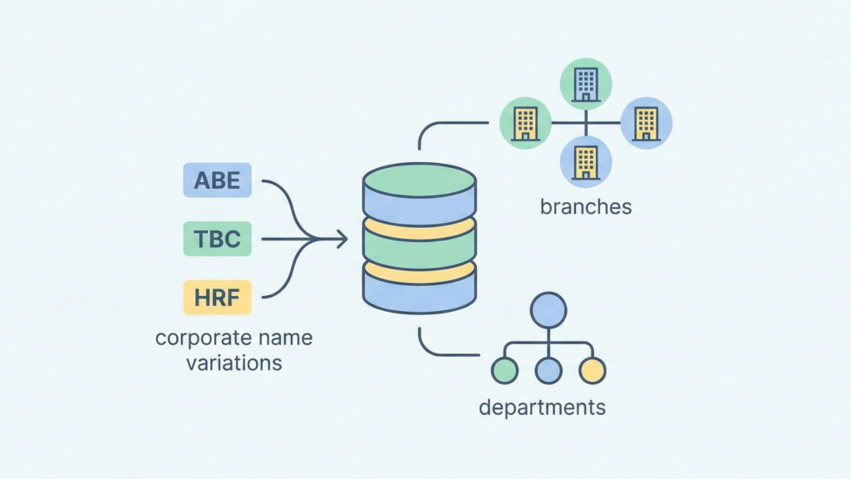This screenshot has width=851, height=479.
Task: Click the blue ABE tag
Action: [216, 180]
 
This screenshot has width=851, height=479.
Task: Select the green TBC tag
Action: [216, 239]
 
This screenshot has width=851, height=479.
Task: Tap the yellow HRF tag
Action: [216, 298]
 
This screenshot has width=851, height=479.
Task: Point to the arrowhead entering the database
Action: [342, 239]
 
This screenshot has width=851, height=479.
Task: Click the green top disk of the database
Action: [419, 177]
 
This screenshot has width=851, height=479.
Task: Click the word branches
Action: [586, 206]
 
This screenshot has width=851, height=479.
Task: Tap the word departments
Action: [542, 407]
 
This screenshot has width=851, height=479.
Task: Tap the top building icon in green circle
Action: [586, 84]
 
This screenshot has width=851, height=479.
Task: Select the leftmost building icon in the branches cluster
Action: [525, 123]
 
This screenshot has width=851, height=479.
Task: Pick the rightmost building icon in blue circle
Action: [647, 123]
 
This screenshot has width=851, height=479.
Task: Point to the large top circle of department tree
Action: [548, 309]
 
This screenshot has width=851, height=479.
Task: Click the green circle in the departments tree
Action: [504, 370]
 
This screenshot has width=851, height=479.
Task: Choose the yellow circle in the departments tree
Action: [592, 370]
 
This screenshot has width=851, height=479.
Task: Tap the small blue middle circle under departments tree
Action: [548, 370]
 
